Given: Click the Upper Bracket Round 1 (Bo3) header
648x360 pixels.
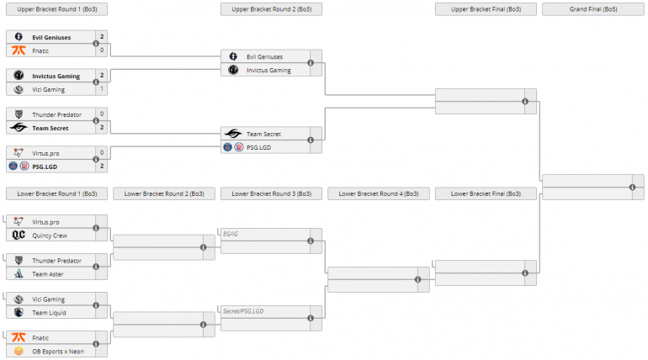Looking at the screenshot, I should coord(56,8).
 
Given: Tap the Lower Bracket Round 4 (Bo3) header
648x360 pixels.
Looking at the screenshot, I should coord(379,193).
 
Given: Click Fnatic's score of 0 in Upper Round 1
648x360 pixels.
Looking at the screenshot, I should coord(102,50).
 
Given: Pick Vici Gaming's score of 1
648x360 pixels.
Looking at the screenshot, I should coord(102,89).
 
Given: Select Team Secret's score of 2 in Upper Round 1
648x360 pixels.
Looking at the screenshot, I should coord(102,128).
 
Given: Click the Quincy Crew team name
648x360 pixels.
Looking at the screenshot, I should coord(50,236).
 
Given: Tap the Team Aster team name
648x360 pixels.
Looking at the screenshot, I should coord(47,274).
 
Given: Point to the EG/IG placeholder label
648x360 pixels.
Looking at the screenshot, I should coord(231,235).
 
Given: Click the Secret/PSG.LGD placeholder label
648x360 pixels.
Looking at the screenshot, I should coord(243,312).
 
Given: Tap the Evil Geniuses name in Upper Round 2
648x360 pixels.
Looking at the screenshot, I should coord(264,56).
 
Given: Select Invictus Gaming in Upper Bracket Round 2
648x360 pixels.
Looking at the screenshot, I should coord(268,70).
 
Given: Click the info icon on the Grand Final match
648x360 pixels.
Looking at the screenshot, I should coord(632,187).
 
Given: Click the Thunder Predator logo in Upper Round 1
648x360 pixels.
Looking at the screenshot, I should coord(19,114).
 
